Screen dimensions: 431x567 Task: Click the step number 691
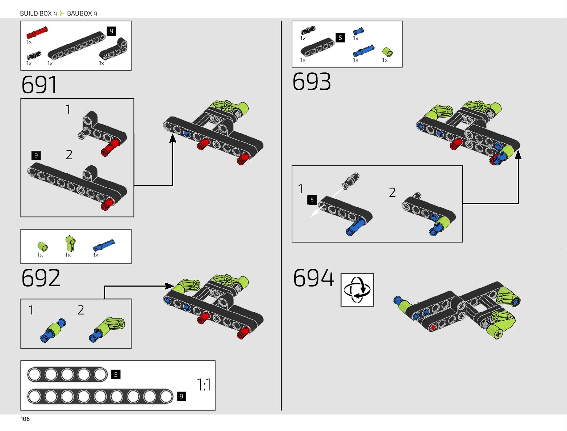click(39, 85)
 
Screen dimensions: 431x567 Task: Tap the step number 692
click(41, 278)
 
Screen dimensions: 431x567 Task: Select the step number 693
click(312, 82)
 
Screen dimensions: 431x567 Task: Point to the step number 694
click(313, 278)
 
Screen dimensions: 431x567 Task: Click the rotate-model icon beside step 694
click(357, 290)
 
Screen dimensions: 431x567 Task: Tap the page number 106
click(25, 419)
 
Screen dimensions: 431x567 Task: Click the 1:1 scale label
click(204, 385)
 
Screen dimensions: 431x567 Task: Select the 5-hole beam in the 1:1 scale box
click(67, 375)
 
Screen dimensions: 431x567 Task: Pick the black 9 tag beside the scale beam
click(182, 396)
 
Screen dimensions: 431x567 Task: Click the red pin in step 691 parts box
click(37, 33)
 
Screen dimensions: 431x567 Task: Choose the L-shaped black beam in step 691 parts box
click(114, 50)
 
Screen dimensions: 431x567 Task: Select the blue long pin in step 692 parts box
click(104, 245)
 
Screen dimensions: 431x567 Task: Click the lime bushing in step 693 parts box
click(388, 52)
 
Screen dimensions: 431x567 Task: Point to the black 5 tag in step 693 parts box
click(340, 38)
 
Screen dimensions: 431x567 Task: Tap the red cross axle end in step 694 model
click(433, 328)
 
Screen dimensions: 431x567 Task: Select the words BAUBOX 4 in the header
click(82, 13)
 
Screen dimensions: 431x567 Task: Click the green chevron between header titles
click(62, 13)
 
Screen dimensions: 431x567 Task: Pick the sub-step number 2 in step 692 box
click(81, 310)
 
